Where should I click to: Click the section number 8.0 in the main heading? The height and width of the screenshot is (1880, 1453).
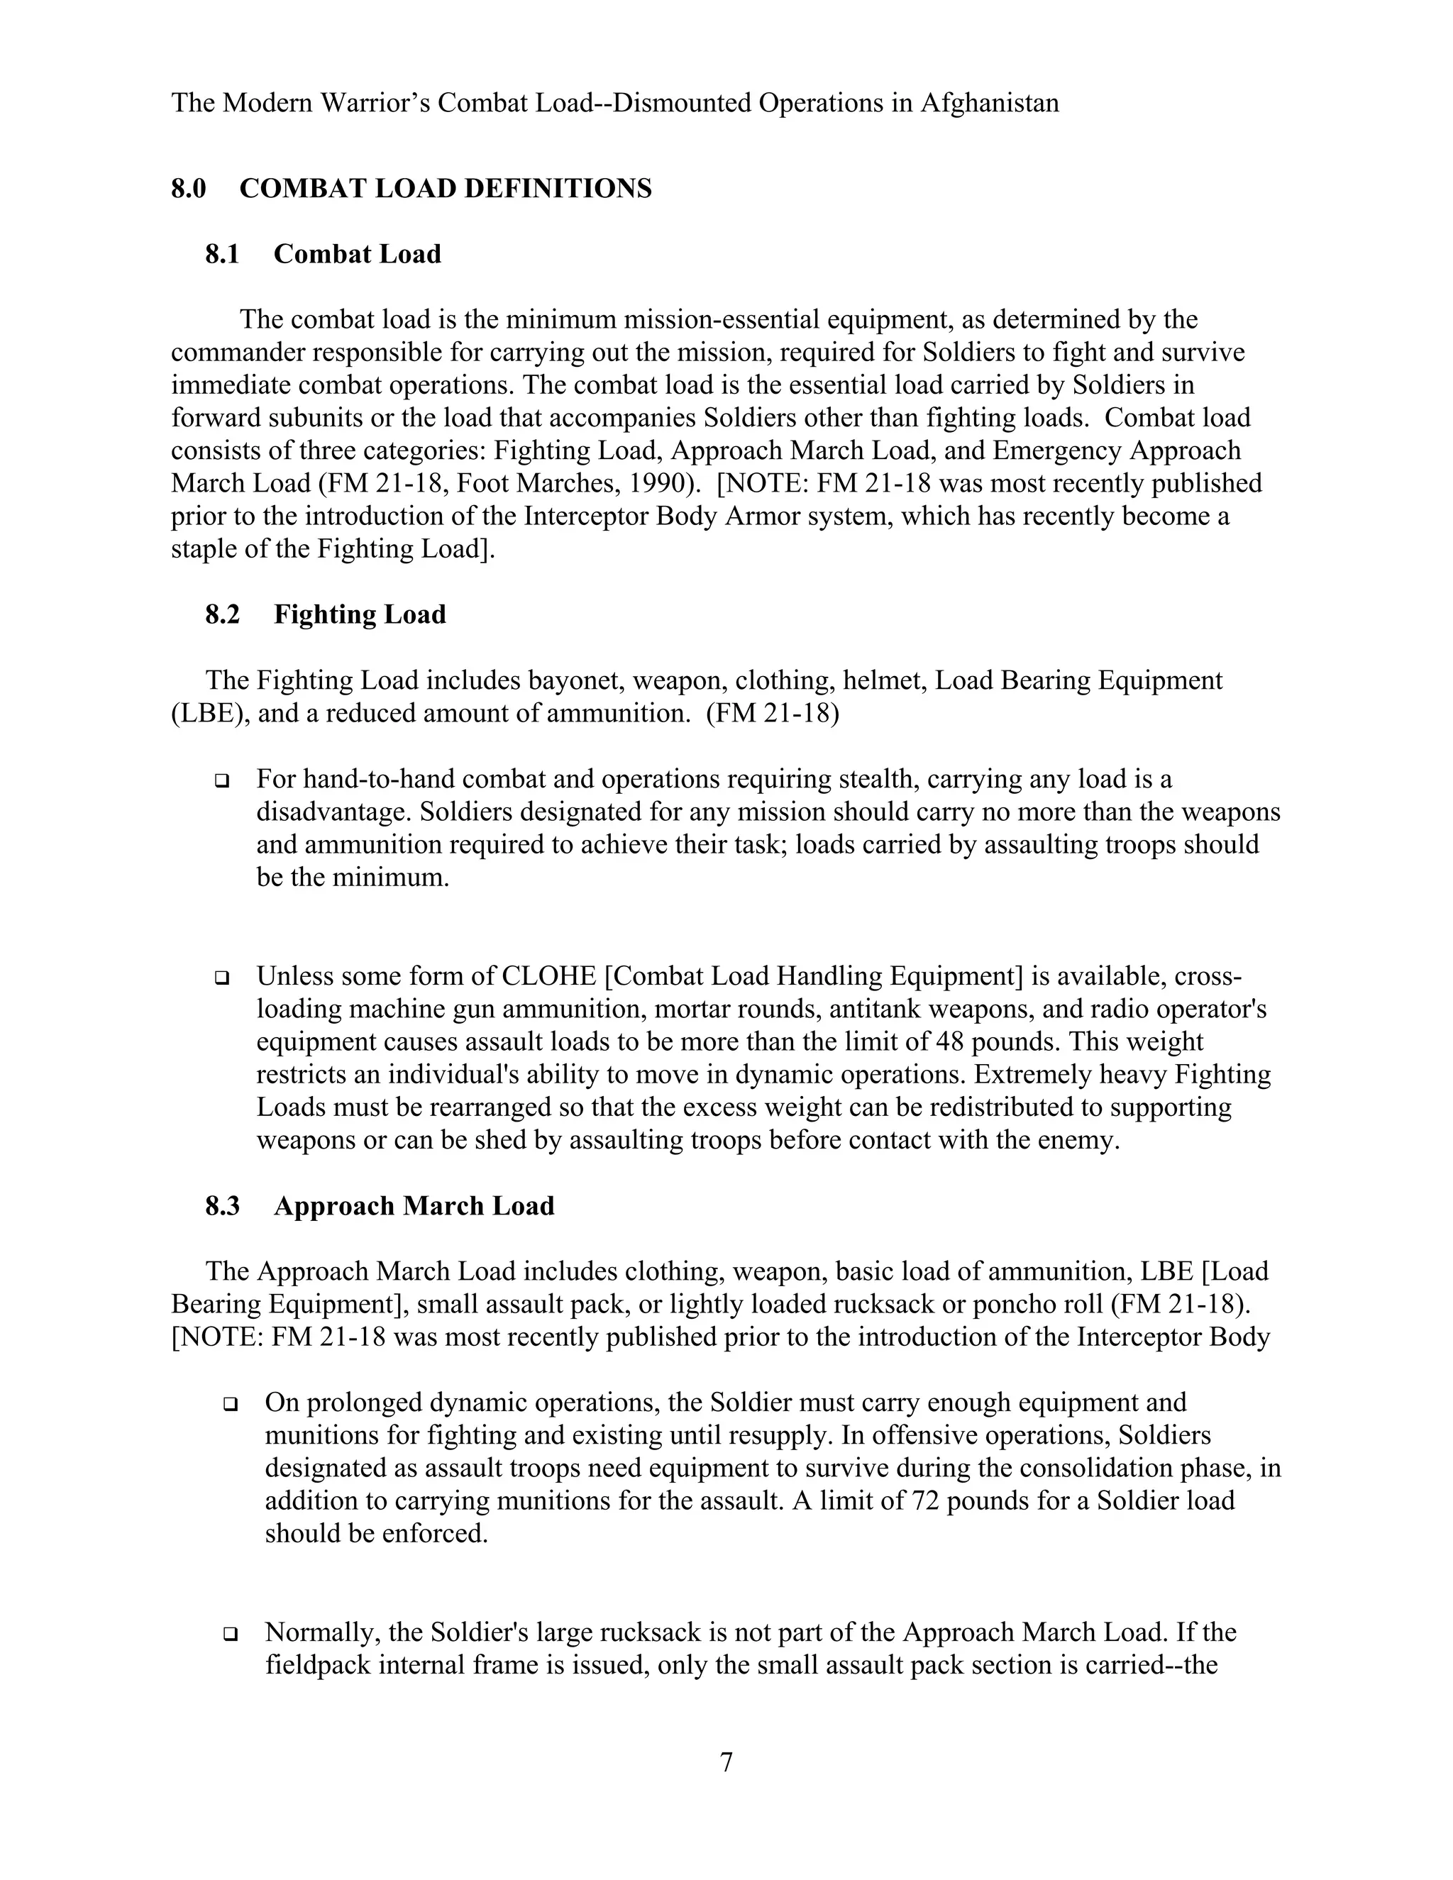pyautogui.click(x=189, y=189)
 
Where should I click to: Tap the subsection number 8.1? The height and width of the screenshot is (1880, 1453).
pyautogui.click(x=222, y=255)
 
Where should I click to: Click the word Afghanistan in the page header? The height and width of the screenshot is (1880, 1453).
pyautogui.click(x=989, y=104)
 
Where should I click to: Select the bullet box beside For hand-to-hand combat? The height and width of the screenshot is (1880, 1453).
pyautogui.click(x=222, y=781)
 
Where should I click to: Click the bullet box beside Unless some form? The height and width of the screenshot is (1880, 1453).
pyautogui.click(x=222, y=978)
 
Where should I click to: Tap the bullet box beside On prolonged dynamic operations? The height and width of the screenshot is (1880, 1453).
pyautogui.click(x=230, y=1404)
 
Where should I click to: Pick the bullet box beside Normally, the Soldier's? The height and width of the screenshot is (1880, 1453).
pyautogui.click(x=230, y=1633)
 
